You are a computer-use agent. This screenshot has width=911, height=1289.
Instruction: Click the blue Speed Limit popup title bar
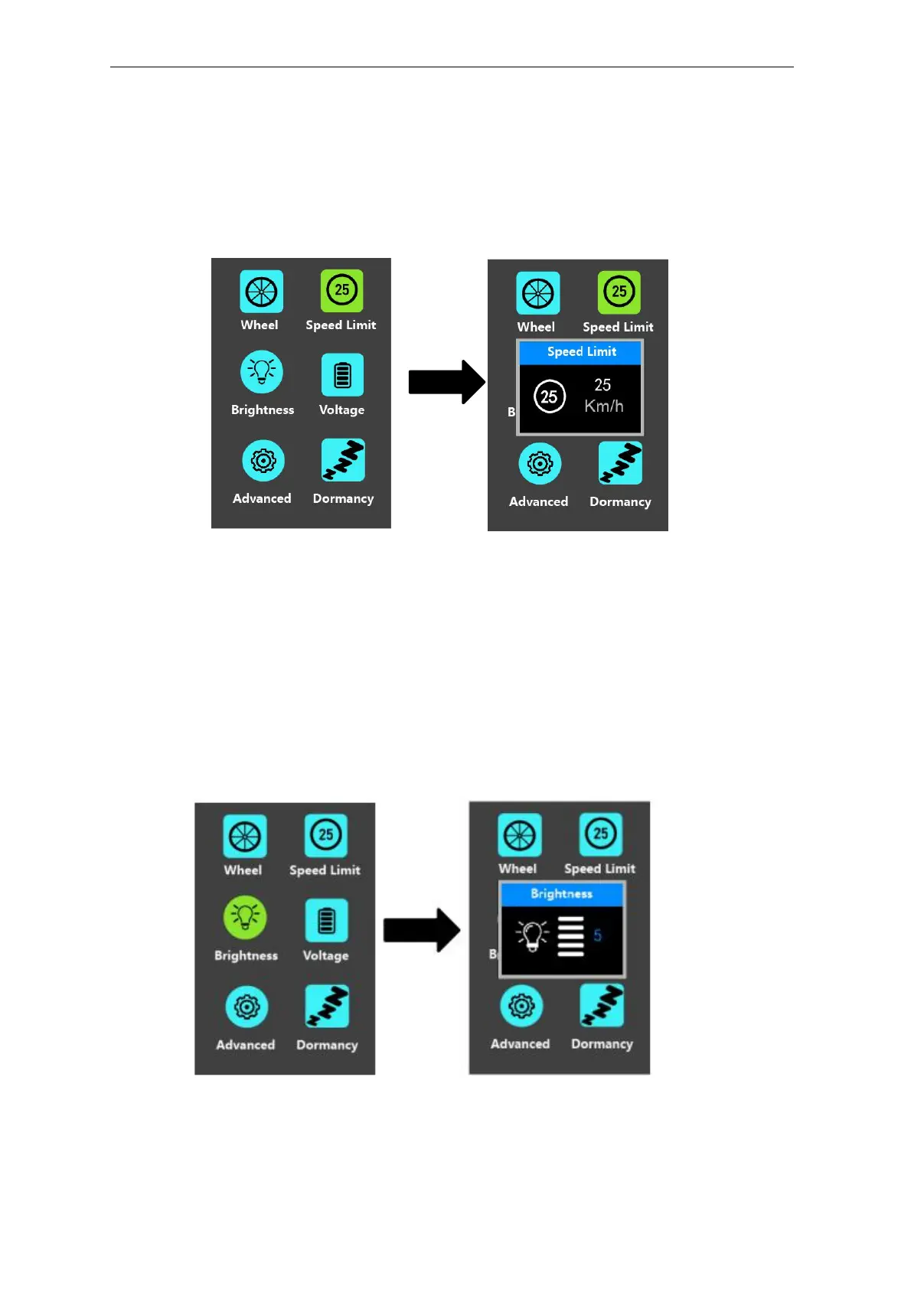(x=581, y=352)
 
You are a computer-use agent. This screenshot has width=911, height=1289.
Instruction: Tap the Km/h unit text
(x=604, y=406)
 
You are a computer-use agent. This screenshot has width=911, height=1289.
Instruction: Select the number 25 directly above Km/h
(x=602, y=385)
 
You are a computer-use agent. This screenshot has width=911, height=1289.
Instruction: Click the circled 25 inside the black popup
(x=549, y=396)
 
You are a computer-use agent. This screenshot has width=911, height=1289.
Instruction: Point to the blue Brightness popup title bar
(x=562, y=894)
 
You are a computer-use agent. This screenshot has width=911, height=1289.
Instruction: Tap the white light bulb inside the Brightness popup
(x=533, y=935)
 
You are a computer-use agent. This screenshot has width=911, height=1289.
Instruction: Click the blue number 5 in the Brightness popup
(x=597, y=935)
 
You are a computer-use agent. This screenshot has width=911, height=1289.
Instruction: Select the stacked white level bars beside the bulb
(x=570, y=936)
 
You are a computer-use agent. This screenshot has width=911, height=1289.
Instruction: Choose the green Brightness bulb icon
(x=245, y=917)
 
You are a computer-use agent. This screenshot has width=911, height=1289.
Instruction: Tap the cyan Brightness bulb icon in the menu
(x=262, y=372)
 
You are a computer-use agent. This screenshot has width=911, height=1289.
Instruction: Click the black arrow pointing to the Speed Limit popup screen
(x=446, y=382)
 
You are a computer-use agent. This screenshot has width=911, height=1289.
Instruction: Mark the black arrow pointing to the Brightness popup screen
(x=421, y=930)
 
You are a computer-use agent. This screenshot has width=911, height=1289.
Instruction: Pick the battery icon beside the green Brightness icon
(x=326, y=920)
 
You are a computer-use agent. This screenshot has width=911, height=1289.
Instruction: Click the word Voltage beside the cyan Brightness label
(x=341, y=410)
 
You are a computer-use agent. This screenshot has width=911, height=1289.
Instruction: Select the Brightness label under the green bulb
(x=246, y=956)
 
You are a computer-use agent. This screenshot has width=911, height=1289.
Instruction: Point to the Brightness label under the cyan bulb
(x=263, y=410)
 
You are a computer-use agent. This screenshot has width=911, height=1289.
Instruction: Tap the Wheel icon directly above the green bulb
(x=245, y=837)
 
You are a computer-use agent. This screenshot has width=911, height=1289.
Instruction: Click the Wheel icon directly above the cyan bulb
(x=261, y=292)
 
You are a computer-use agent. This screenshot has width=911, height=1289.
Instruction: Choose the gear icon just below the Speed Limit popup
(x=540, y=464)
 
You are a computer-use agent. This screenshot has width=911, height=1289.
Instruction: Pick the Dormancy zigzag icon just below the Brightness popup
(x=602, y=1006)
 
